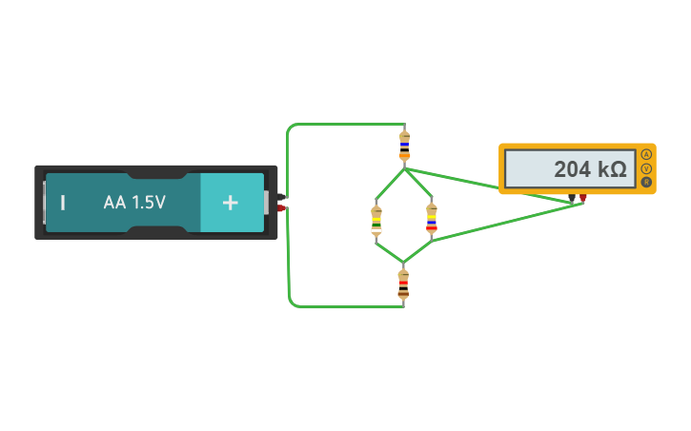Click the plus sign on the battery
230,203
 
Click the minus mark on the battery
63,203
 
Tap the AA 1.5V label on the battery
134,203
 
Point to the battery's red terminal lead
281,207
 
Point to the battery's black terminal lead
281,197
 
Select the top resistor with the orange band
404,145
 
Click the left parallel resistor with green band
376,220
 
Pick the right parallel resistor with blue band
432,219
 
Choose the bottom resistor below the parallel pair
403,284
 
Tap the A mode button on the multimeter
646,154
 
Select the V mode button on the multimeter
646,168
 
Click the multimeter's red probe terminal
583,198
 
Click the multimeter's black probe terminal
572,198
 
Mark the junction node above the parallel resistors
404,169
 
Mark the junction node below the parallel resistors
404,262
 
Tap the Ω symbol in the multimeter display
618,169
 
